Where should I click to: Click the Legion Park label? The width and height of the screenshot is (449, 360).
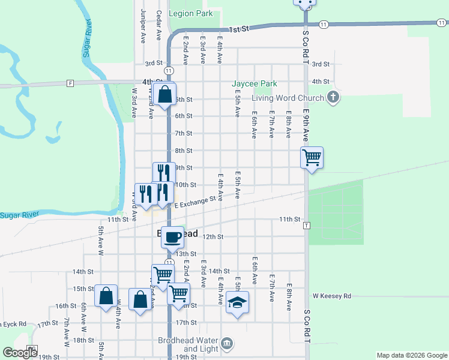(191, 13)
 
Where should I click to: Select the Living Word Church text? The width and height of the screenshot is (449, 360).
(288, 98)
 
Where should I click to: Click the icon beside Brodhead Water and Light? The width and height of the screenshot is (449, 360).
(227, 344)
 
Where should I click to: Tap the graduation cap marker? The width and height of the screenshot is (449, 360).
(238, 302)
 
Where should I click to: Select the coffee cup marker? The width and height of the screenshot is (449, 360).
(173, 236)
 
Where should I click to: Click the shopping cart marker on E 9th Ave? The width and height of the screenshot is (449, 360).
(312, 158)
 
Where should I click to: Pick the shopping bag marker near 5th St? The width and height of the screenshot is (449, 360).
(164, 94)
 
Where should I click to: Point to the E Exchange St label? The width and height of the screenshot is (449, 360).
(196, 202)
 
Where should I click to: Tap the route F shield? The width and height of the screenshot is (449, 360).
(70, 83)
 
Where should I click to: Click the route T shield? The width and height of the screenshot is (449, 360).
(306, 226)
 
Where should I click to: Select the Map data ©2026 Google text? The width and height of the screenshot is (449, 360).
(411, 355)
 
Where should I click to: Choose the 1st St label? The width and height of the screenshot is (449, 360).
(238, 29)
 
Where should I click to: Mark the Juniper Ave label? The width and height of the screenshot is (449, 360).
(143, 26)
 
